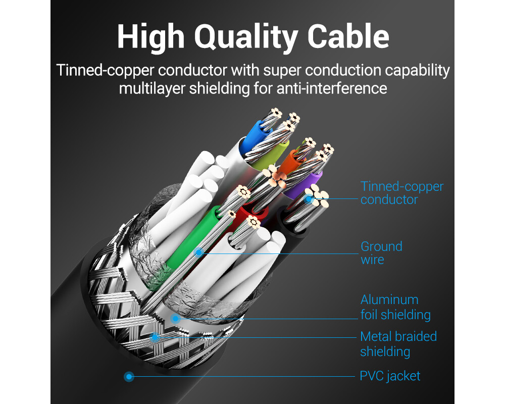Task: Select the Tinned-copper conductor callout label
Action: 402,193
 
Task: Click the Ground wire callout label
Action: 381,253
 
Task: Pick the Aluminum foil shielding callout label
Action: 395,307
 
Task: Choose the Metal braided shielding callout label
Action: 398,344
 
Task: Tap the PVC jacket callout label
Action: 390,376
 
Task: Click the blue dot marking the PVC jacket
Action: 129,376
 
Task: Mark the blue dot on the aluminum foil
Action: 175,319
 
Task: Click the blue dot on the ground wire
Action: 199,252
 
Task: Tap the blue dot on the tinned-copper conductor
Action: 308,199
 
